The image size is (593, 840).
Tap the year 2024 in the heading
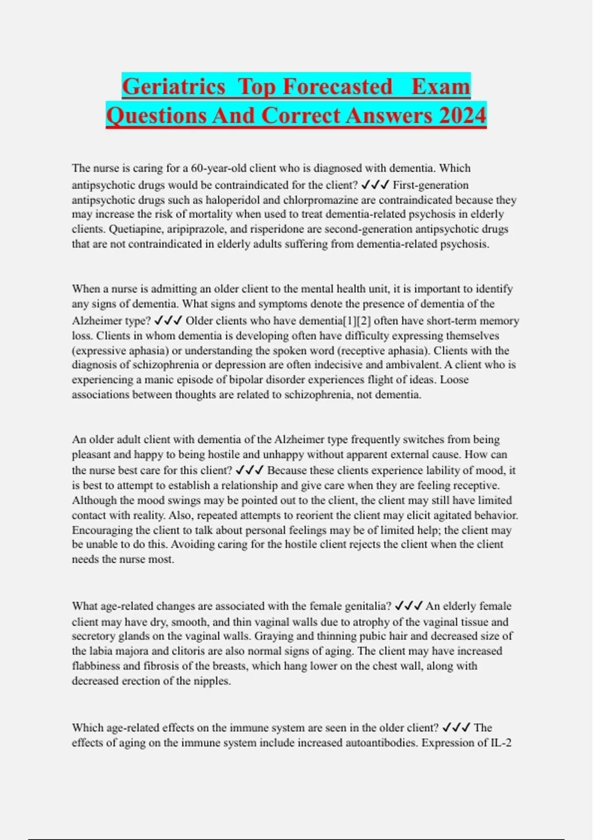(x=462, y=116)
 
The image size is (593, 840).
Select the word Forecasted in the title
(x=338, y=87)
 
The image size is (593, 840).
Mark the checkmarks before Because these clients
(x=250, y=470)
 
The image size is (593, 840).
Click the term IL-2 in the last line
(x=500, y=743)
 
